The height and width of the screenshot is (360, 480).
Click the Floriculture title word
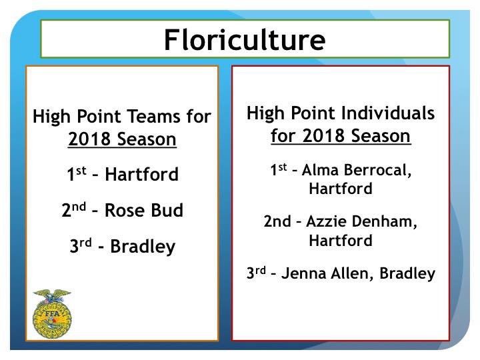245,39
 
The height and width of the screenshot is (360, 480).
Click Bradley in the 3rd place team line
142,247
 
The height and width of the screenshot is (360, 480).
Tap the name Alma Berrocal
357,171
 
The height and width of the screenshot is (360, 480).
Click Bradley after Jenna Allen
409,273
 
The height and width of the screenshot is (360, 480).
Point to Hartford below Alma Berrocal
340,189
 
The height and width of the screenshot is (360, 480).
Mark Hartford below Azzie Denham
340,240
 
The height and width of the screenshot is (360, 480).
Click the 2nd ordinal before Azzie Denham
276,222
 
